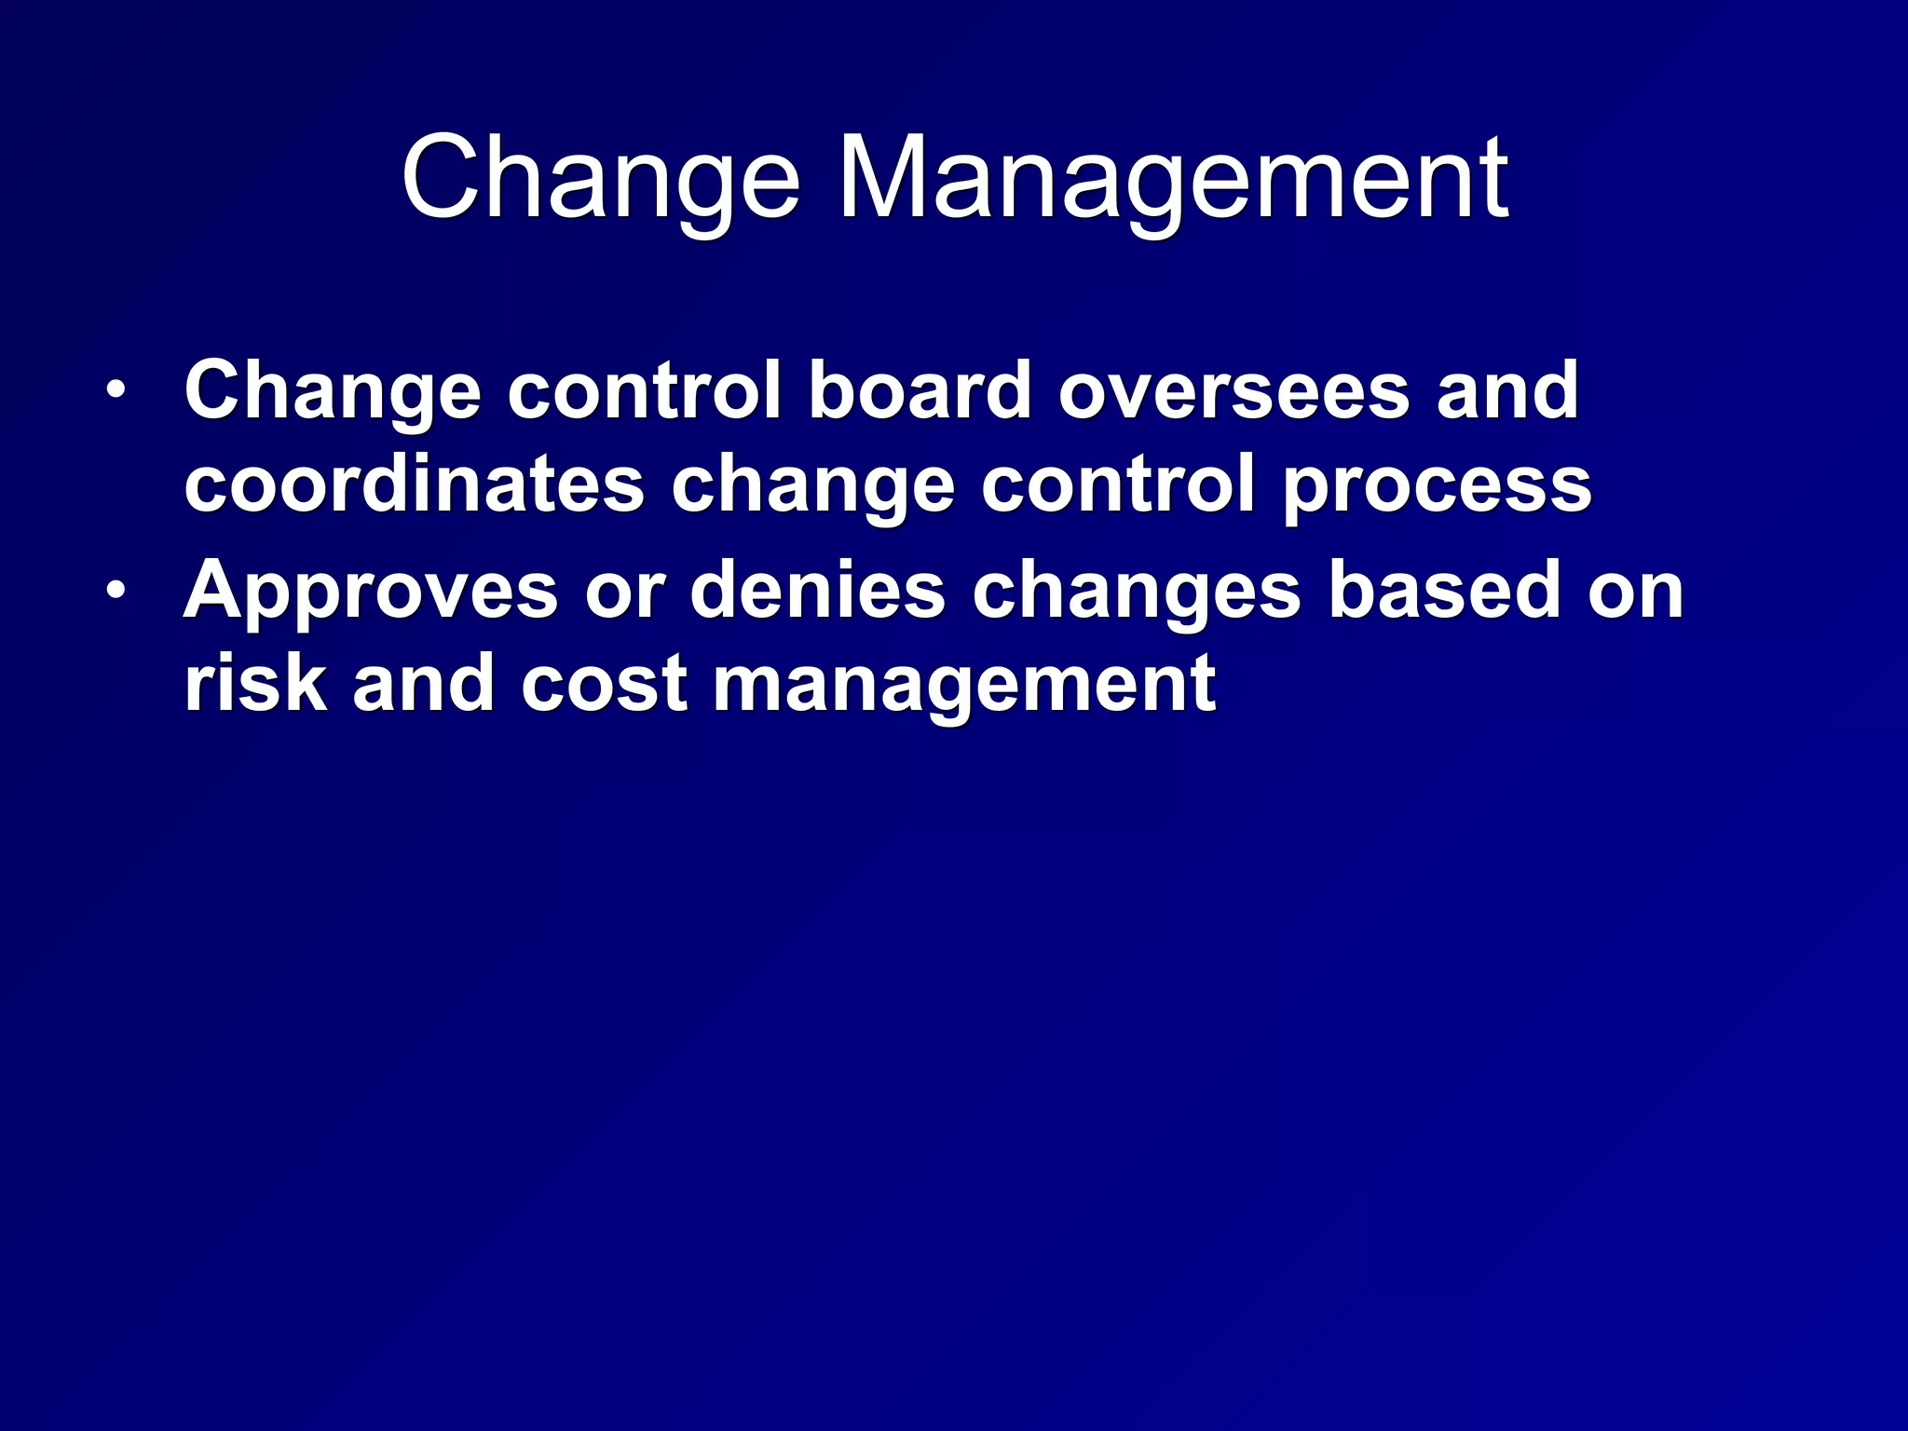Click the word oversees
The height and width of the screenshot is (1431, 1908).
click(1234, 390)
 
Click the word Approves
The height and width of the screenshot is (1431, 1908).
click(371, 592)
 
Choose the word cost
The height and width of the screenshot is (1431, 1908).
click(604, 685)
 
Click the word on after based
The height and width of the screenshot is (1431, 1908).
click(1636, 592)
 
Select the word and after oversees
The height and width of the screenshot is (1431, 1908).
click(1506, 390)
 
